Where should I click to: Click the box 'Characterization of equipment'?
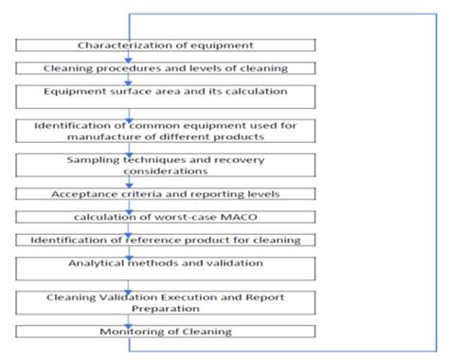tap(167, 45)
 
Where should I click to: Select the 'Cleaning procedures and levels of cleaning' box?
tap(167, 68)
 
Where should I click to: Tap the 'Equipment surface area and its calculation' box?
tap(167, 93)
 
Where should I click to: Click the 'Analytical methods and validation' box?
tap(167, 264)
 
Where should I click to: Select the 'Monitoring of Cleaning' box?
tap(167, 332)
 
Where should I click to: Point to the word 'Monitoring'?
tap(131, 332)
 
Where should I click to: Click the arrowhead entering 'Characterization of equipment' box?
tap(129, 34)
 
